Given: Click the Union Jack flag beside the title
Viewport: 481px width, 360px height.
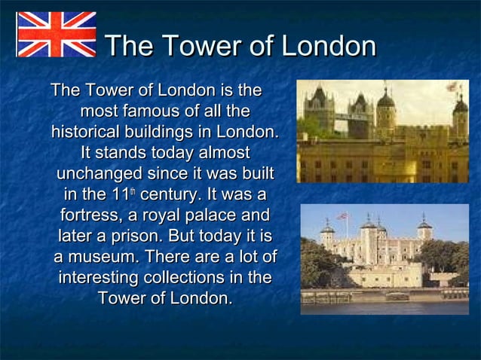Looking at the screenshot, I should [x=57, y=35].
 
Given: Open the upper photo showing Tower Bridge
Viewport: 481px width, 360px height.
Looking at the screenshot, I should [x=382, y=131].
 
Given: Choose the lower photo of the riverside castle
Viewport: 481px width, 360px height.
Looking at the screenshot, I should [x=384, y=258].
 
